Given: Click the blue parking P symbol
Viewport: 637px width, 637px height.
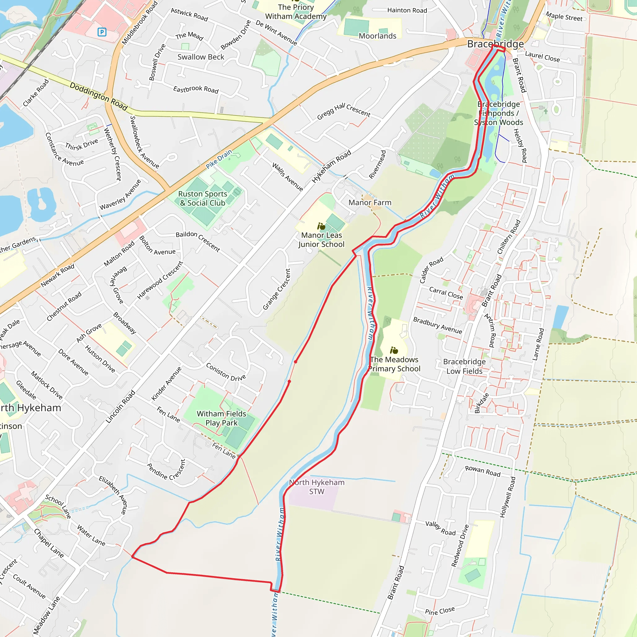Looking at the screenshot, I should (102, 32).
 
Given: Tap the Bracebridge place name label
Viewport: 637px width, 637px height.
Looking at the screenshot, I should (495, 44).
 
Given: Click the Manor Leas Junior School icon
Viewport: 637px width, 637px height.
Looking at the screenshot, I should (321, 226).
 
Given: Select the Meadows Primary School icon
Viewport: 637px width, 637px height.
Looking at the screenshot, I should (394, 350).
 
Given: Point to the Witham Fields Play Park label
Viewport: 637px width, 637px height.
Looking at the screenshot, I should (221, 418).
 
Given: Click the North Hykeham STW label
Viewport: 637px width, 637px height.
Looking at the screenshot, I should (317, 487).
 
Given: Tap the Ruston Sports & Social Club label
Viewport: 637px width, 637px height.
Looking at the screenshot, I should (202, 198).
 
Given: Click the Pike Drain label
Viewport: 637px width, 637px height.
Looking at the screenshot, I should (219, 159).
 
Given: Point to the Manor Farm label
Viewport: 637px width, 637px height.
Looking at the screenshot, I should (370, 202).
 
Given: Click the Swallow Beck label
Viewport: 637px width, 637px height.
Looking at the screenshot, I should (201, 57).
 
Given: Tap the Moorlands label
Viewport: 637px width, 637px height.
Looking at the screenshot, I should (377, 36).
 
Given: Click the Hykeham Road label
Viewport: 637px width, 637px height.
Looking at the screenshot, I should (331, 166).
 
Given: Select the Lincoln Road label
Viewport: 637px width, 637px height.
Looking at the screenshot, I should (120, 407).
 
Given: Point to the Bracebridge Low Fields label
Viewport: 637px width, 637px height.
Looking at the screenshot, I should (464, 366).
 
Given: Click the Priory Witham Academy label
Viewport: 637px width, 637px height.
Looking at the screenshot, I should (296, 12).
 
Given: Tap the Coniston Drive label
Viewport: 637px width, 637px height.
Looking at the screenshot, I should (226, 372).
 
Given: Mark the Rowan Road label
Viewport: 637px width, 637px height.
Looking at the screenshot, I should (483, 471).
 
